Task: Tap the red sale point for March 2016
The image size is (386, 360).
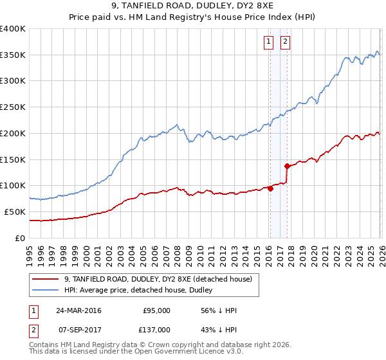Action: click(270, 188)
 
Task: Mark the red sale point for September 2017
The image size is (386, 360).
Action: click(287, 166)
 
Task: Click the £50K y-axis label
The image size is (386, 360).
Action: click(14, 212)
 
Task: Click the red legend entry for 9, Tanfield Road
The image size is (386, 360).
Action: click(161, 279)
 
